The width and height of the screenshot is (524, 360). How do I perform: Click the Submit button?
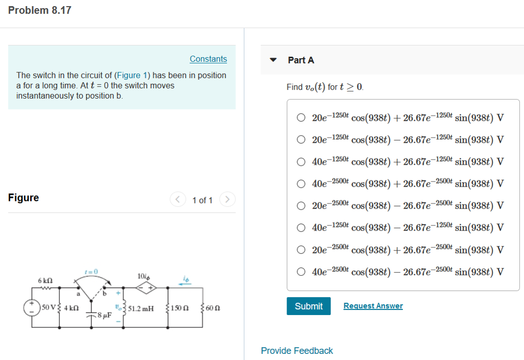(309, 306)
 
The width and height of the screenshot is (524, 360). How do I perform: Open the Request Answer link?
(373, 306)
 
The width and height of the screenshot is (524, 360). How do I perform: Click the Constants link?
(208, 59)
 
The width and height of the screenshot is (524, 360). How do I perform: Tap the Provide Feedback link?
(297, 351)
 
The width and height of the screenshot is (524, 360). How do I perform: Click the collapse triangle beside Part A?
(274, 60)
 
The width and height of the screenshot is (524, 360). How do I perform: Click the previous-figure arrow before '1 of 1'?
(177, 199)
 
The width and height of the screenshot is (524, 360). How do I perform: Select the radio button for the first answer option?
(301, 118)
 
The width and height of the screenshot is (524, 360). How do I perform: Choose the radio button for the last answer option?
(301, 272)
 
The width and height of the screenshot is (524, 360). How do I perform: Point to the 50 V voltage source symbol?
(32, 308)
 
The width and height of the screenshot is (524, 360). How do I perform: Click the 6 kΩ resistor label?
(45, 281)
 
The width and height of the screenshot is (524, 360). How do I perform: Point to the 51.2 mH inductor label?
(141, 308)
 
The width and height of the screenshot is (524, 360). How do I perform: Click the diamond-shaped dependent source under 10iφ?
(145, 288)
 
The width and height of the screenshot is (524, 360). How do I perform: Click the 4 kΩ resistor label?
(70, 308)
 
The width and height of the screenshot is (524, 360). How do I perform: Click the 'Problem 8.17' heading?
(40, 10)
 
